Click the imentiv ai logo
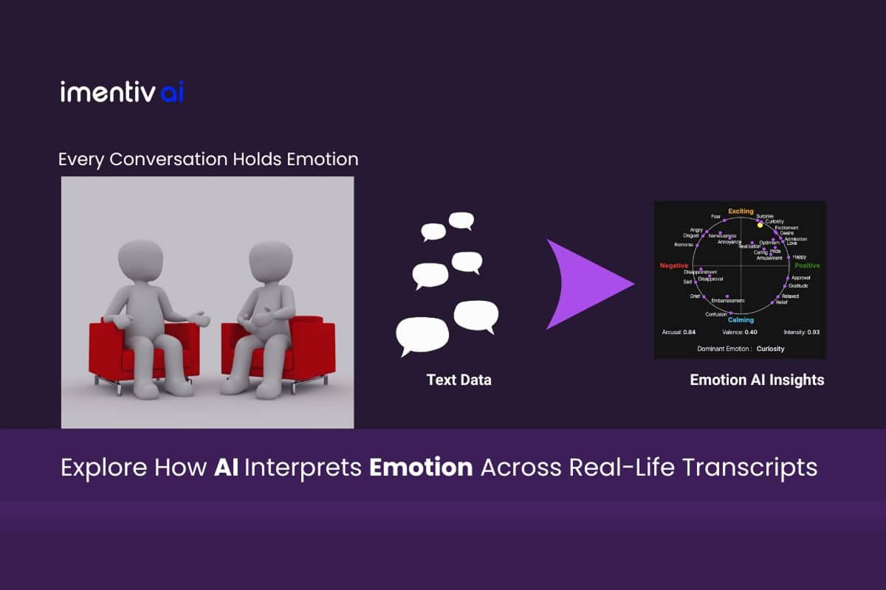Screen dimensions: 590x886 coord(122,92)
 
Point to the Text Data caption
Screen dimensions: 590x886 coord(459,381)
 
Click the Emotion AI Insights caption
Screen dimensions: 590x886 coord(757,381)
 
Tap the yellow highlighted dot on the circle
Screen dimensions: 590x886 coord(760,225)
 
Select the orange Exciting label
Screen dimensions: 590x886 coord(741,212)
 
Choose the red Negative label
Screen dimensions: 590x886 coord(673,265)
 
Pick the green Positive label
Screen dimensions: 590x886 coord(807,265)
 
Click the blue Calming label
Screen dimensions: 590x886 coord(741,320)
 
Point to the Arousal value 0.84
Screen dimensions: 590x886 coord(689,333)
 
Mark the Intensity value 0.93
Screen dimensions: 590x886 coord(813,333)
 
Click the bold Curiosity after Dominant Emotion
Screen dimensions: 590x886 coord(770,348)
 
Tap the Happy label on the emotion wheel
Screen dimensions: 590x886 coord(799,257)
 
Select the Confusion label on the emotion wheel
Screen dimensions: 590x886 coord(715,314)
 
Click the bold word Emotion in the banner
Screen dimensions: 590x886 coord(432,468)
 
